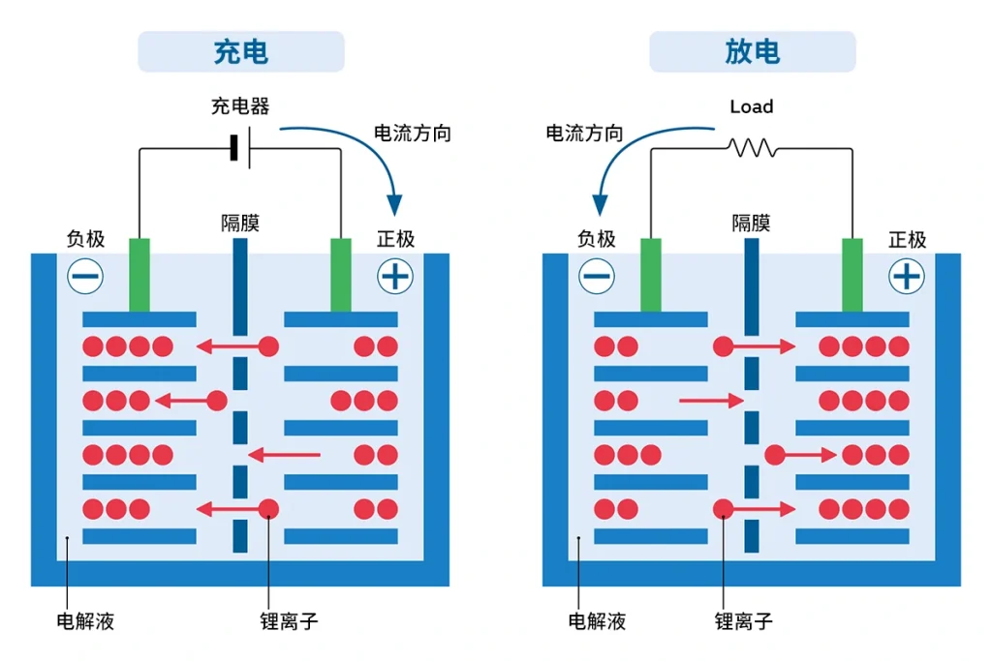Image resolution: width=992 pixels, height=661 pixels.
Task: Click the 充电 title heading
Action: tap(240, 52)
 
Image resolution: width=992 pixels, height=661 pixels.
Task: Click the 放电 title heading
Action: tap(752, 52)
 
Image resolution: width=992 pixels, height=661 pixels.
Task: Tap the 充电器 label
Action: tap(240, 106)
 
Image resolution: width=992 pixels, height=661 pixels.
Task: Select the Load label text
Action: tap(752, 106)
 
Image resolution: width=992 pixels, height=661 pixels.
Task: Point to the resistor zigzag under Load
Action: tap(753, 148)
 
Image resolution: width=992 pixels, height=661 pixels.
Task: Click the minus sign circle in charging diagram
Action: tap(85, 277)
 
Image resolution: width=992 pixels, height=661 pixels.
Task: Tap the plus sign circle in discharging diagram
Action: tap(906, 277)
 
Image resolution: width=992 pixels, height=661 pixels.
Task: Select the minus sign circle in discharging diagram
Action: tap(597, 277)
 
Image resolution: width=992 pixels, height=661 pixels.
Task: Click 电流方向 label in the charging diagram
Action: tap(413, 134)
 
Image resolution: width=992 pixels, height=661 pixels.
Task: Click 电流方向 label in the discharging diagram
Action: tap(584, 134)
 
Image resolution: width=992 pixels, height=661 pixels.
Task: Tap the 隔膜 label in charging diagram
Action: tap(240, 224)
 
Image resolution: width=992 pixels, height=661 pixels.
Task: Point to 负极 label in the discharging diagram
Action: tap(597, 238)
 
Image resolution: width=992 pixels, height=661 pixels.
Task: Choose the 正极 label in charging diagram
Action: tap(395, 238)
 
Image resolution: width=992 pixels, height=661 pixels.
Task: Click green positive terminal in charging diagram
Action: tap(341, 275)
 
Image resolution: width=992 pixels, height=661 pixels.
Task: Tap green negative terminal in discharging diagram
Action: tap(651, 275)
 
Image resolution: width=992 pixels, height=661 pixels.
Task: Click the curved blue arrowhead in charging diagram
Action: tap(394, 204)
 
